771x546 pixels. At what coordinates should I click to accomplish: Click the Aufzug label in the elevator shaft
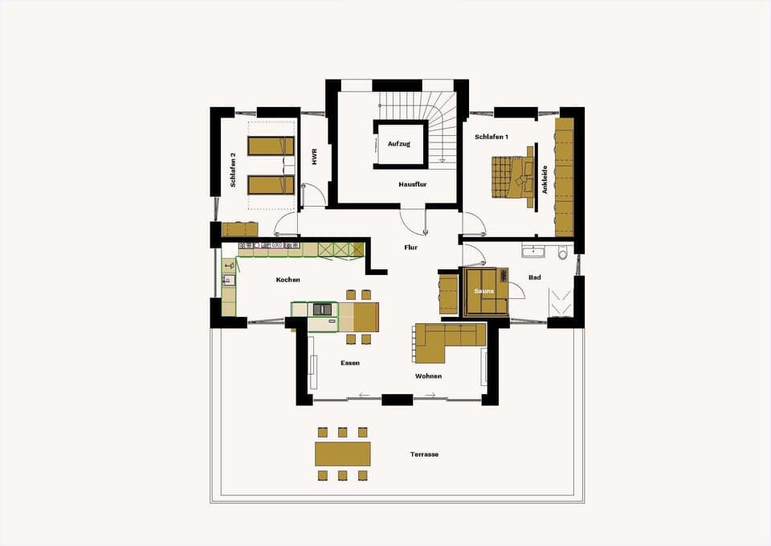point(399,144)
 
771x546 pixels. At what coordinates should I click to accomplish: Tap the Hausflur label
point(412,184)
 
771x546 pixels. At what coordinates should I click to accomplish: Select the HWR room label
point(314,156)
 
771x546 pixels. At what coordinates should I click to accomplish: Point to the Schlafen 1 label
point(492,138)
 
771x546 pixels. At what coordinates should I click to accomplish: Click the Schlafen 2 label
point(233,170)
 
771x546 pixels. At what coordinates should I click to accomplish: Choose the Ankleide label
point(545,179)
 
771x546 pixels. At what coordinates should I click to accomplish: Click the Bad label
point(534,277)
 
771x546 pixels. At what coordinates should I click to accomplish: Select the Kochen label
point(288,280)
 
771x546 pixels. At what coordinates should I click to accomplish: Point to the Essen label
point(349,363)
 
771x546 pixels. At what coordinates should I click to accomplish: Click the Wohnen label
point(428,376)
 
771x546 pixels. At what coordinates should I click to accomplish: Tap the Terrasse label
point(424,454)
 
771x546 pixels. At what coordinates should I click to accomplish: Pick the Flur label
point(410,248)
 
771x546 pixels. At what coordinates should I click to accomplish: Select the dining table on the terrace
point(343,454)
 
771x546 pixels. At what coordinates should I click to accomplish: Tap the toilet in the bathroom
point(562,253)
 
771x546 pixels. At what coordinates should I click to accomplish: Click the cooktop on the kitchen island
point(323,308)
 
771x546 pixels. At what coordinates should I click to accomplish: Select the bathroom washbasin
point(532,252)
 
